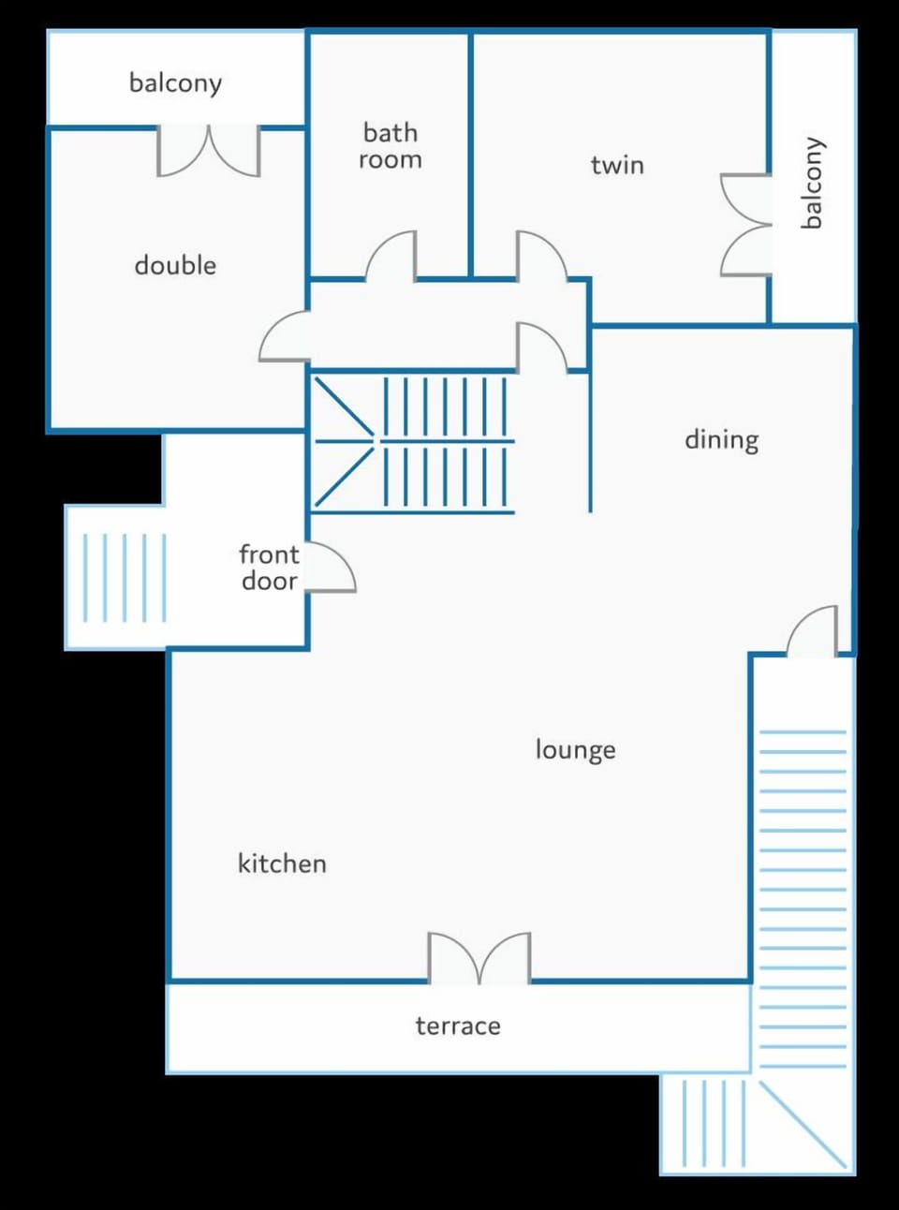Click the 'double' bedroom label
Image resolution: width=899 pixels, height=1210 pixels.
click(x=175, y=265)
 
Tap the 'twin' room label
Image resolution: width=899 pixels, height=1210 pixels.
click(x=617, y=165)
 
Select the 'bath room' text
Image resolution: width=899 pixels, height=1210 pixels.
click(x=391, y=146)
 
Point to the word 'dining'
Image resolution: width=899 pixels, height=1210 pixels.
click(x=721, y=439)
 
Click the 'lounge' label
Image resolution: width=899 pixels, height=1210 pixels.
click(x=575, y=749)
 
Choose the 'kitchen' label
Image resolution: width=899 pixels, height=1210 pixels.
click(x=282, y=863)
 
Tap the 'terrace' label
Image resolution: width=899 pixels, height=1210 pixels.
click(x=458, y=1026)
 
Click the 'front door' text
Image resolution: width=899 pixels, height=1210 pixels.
click(x=270, y=568)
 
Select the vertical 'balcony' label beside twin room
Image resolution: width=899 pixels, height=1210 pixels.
click(x=812, y=183)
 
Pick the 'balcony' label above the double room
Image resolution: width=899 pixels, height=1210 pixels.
click(x=175, y=83)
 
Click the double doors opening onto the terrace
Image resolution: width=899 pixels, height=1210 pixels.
click(x=479, y=957)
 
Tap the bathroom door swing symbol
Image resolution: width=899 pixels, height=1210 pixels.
click(x=391, y=257)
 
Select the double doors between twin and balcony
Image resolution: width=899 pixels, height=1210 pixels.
click(x=745, y=225)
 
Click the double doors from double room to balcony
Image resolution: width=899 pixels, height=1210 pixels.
click(x=208, y=151)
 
